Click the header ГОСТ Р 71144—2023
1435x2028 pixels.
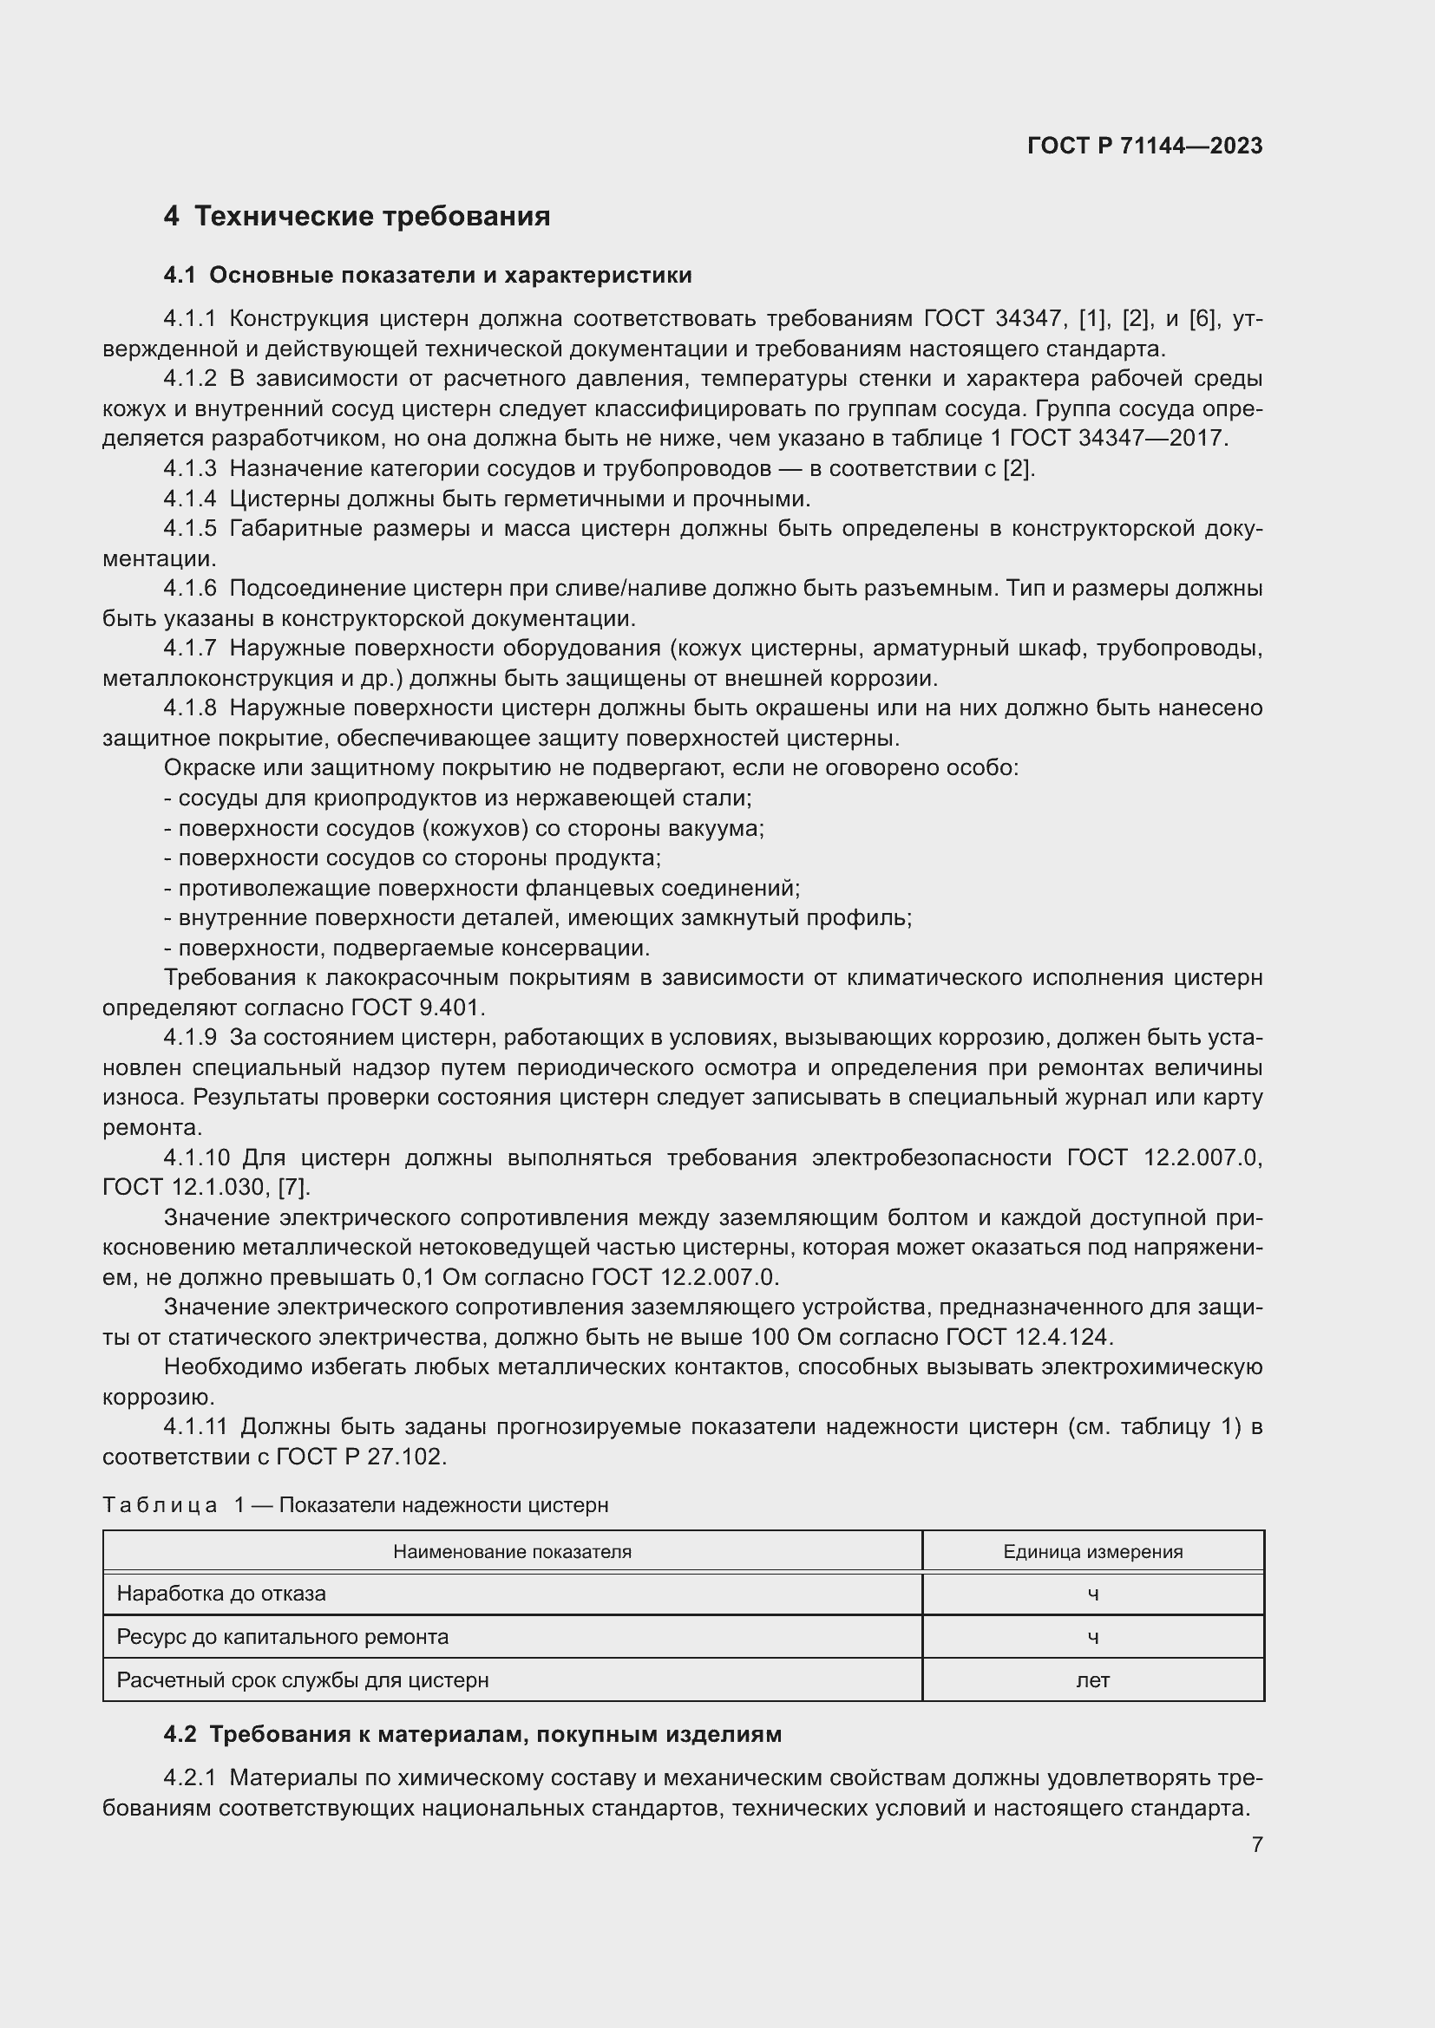click(x=1144, y=147)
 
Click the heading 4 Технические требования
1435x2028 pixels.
click(x=356, y=217)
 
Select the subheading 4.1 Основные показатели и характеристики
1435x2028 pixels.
click(x=428, y=276)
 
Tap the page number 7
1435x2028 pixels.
click(x=1256, y=1844)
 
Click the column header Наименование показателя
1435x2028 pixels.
click(x=512, y=1552)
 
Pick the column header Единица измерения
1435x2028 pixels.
click(x=1092, y=1552)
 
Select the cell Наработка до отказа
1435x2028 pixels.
click(x=221, y=1594)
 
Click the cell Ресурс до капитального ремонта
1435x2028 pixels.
click(x=282, y=1637)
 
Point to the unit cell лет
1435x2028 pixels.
click(x=1092, y=1680)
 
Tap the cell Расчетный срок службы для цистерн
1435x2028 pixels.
click(x=302, y=1680)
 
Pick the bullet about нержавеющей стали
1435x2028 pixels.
click(x=458, y=799)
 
